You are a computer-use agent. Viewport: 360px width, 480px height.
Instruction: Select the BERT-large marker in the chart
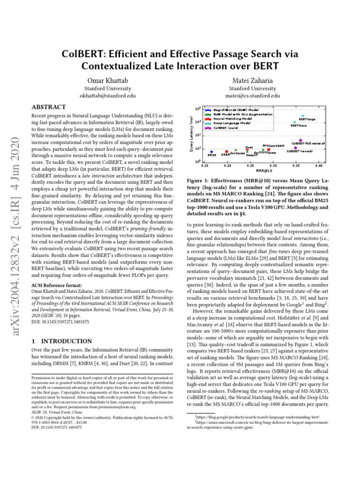pyautogui.click(x=303, y=116)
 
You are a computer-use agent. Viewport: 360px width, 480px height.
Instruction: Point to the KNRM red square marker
pyautogui.click(x=227, y=151)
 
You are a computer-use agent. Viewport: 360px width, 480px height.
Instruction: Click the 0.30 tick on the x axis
pyautogui.click(x=273, y=166)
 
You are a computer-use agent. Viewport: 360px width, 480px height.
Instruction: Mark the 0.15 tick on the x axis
pyautogui.click(x=204, y=166)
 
